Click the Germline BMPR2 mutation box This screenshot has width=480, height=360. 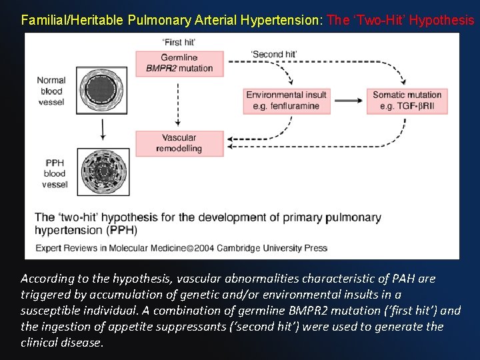(x=179, y=63)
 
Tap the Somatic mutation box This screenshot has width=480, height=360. (x=407, y=101)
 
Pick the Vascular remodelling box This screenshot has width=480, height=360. (x=179, y=143)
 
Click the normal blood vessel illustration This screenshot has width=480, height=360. (x=101, y=90)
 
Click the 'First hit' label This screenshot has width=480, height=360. (x=179, y=42)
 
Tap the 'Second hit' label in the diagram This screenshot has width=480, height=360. (x=273, y=54)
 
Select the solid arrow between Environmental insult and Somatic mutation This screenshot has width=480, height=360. (x=348, y=101)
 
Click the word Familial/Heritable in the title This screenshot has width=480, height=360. (x=72, y=20)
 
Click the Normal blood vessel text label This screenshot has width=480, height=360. (x=51, y=91)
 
